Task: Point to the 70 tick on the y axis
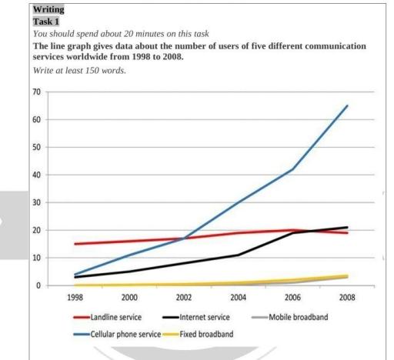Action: pyautogui.click(x=35, y=92)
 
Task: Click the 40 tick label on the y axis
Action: pyautogui.click(x=35, y=175)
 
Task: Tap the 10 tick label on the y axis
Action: pyautogui.click(x=35, y=258)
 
